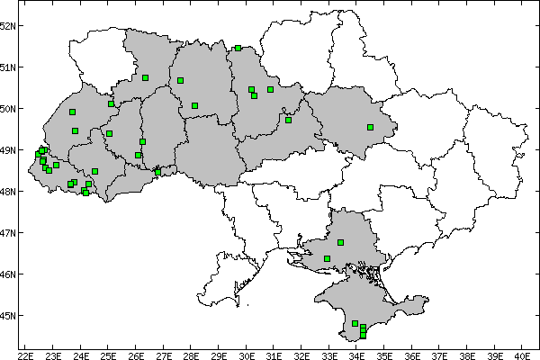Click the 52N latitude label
(9, 25)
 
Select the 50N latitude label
(9, 109)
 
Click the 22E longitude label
(26, 354)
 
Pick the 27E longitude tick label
(164, 354)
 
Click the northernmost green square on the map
(238, 49)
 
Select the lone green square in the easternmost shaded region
(370, 127)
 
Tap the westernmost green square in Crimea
(355, 323)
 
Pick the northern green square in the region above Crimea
(341, 242)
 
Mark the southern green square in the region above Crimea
(327, 258)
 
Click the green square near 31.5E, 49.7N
(288, 120)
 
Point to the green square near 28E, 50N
(194, 105)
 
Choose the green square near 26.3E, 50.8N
(145, 77)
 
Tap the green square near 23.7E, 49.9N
(72, 112)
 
